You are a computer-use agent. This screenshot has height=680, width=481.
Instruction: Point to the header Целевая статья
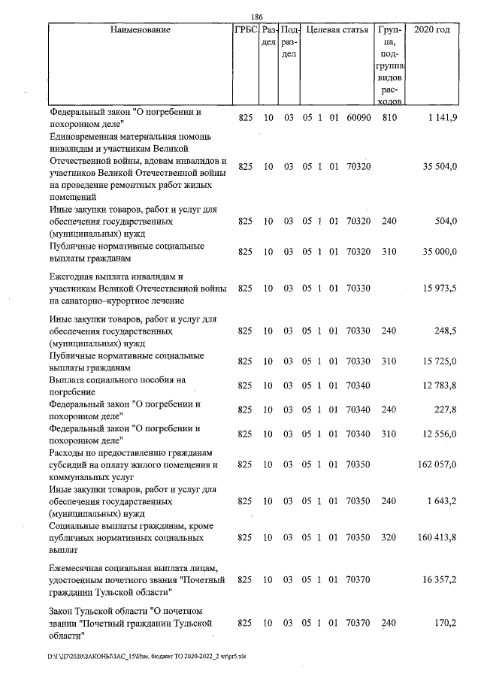(x=336, y=31)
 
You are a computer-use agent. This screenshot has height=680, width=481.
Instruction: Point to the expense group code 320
(x=389, y=538)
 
